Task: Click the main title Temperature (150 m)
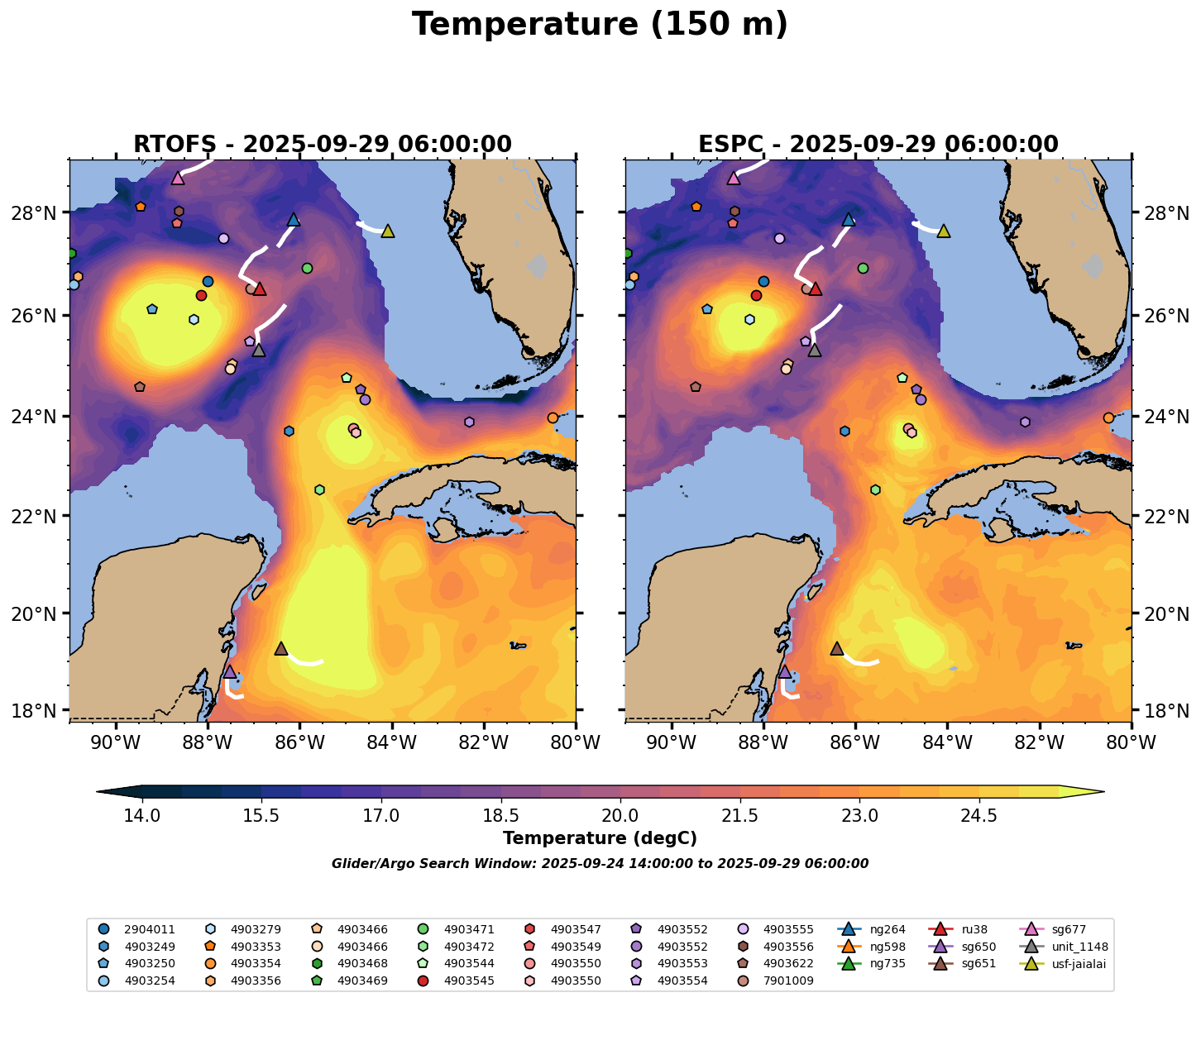click(600, 25)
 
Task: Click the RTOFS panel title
click(323, 145)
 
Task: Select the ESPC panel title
click(878, 145)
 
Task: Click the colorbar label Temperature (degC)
click(600, 838)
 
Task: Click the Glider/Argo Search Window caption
click(600, 864)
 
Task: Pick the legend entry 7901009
click(790, 981)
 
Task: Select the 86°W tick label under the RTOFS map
click(299, 742)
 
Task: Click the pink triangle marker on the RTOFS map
click(178, 178)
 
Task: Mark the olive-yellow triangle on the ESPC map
click(943, 231)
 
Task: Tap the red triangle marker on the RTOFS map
click(260, 289)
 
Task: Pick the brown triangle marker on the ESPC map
click(837, 649)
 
